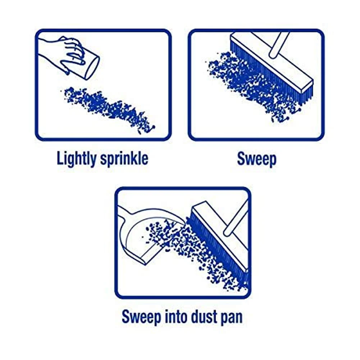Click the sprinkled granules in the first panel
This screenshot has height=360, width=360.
click(108, 108)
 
